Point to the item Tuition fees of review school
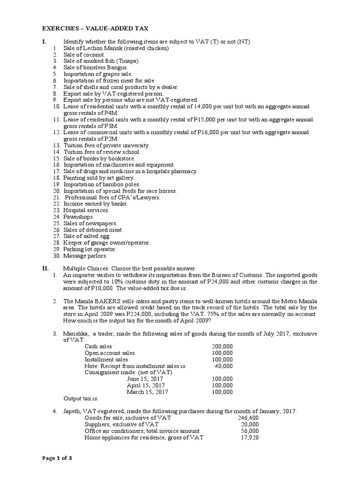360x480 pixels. (x=102, y=152)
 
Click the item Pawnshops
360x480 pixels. (x=79, y=217)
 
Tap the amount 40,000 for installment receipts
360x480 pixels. (x=224, y=366)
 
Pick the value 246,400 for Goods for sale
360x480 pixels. (x=248, y=418)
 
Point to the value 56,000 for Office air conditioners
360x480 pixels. (x=249, y=431)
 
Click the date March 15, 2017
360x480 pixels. (x=147, y=392)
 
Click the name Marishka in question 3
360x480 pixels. (x=76, y=333)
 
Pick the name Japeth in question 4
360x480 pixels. (x=73, y=411)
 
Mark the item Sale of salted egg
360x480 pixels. (x=87, y=236)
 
